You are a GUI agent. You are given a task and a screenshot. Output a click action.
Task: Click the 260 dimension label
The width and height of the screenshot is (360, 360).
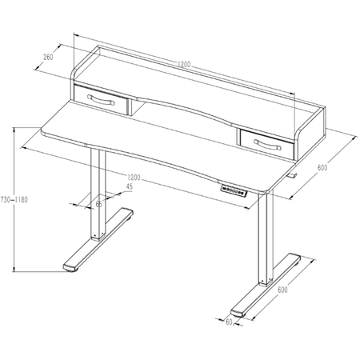[x=48, y=57]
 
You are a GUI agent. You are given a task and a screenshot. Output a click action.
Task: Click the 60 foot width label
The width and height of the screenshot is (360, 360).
[x=228, y=322]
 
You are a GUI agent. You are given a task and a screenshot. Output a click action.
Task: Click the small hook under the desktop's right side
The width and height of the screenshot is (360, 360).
[x=292, y=174]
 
